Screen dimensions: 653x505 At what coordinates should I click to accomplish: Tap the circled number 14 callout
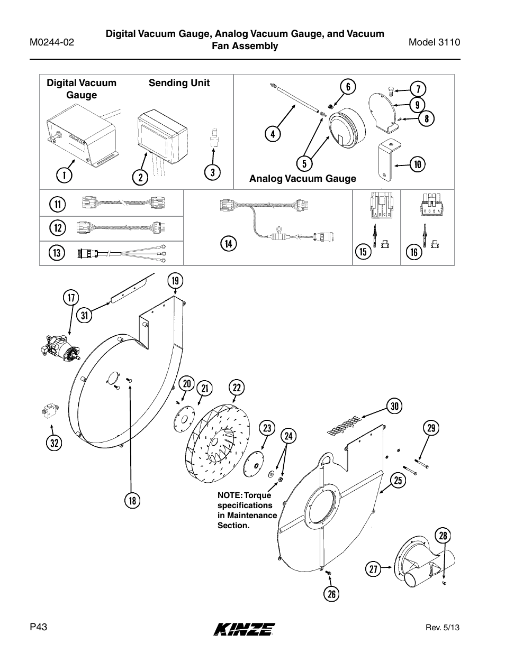[x=228, y=244]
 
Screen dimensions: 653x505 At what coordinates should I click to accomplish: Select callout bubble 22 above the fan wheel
[x=237, y=388]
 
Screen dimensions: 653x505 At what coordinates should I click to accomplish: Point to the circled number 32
[x=53, y=443]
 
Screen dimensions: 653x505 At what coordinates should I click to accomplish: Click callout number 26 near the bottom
[x=331, y=594]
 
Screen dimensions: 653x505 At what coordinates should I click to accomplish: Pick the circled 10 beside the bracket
[x=418, y=164]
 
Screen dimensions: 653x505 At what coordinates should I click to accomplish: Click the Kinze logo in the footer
[x=245, y=628]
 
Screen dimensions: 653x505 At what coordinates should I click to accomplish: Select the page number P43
[x=39, y=627]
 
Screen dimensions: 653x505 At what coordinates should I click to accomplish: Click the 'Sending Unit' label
[x=179, y=83]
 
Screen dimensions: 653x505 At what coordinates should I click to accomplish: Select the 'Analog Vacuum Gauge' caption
[x=303, y=179]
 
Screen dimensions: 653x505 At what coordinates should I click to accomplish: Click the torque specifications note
[x=247, y=510]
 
